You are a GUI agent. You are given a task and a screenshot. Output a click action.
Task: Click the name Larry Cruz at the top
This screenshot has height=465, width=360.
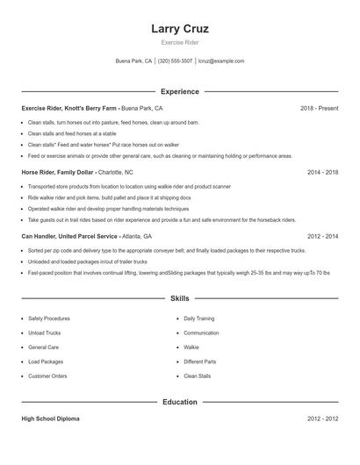coord(180,29)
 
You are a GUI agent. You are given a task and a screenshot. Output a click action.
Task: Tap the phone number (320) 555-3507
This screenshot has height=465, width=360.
coord(175,61)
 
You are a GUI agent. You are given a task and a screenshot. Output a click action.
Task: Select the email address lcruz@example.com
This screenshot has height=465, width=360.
coord(221,61)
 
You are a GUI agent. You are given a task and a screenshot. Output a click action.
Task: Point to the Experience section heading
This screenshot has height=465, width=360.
coord(180,91)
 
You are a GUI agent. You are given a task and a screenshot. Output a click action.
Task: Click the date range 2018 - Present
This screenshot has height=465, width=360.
coord(319,108)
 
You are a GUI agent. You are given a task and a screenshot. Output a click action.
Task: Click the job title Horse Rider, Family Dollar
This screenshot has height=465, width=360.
coord(58,173)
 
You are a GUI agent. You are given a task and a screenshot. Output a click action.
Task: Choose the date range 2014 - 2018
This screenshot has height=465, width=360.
coord(322,173)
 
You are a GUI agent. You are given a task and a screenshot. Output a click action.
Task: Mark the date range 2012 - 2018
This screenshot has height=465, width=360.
coord(322,237)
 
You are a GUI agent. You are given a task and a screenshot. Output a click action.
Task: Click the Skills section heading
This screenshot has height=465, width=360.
coord(180,299)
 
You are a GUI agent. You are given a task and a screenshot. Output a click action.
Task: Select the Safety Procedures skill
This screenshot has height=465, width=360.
coord(49,318)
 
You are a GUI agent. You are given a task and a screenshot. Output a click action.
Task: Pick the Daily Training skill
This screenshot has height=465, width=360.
coord(199,318)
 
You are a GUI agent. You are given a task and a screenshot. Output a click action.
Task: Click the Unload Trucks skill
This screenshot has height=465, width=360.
coord(44,333)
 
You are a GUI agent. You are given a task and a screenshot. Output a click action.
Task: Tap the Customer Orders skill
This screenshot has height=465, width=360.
coord(47,376)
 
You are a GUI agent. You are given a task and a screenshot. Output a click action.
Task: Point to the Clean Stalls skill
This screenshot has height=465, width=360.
coord(198,376)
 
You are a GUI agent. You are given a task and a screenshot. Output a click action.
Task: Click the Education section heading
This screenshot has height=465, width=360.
coord(180,402)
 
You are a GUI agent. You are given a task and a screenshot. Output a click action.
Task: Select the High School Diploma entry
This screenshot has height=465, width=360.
coord(50,419)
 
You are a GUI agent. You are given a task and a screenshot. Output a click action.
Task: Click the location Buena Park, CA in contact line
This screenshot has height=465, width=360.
coord(133,61)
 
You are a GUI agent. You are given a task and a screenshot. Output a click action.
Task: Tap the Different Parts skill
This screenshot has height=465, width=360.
coord(199,361)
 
